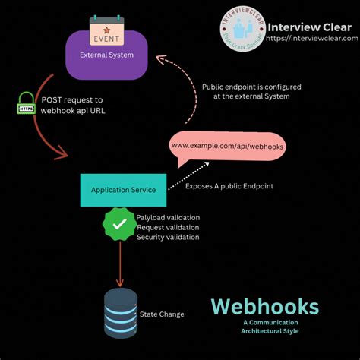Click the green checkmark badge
[x=118, y=226]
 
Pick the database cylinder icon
[x=120, y=313]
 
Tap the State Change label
[x=162, y=314]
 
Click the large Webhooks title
[x=264, y=307]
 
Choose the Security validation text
[x=168, y=237]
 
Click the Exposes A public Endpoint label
[x=229, y=185]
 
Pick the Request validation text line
[x=168, y=227]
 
